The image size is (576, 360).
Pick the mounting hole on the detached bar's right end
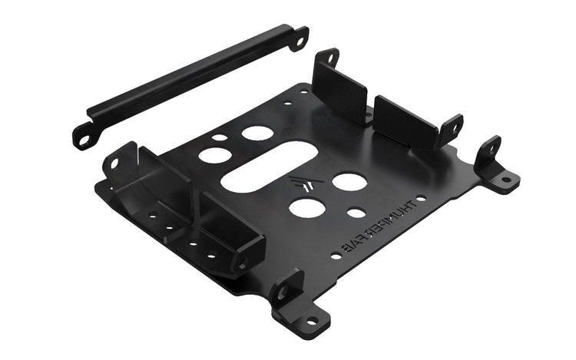coord(298,36)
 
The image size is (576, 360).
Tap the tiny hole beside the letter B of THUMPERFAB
coord(335,256)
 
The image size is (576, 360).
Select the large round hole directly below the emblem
coord(306,207)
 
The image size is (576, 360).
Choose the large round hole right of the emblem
coord(349,182)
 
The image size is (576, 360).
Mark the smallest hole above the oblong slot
coord(220,139)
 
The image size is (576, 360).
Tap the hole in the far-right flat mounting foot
coord(505,180)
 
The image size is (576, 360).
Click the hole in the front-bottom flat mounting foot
coord(312,320)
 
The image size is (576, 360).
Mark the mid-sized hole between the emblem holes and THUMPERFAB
coord(356,213)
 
